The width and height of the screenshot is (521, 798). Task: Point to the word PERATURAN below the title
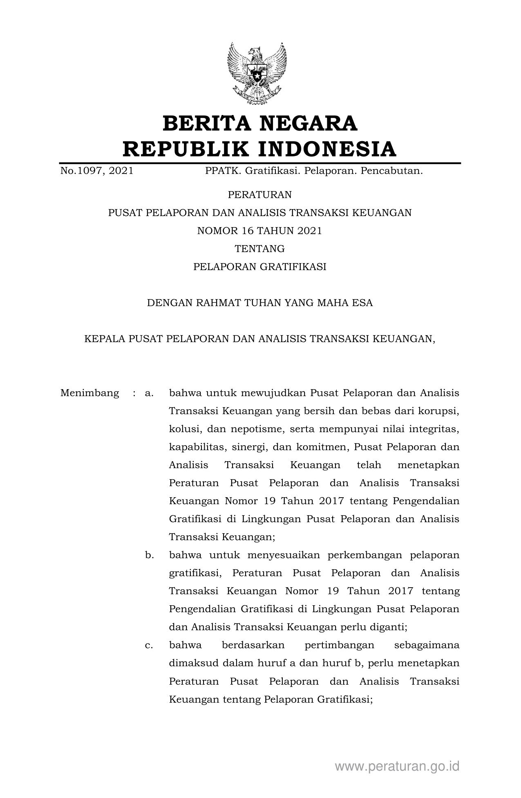[x=260, y=195]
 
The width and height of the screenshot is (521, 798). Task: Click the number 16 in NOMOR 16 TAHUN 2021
[x=248, y=231]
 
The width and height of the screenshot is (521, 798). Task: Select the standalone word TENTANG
[x=260, y=249]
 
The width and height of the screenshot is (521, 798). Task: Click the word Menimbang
[x=89, y=393]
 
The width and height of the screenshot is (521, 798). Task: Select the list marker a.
[x=149, y=393]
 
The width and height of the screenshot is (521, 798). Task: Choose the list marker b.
[x=149, y=555]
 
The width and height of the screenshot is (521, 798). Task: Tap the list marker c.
[x=149, y=645]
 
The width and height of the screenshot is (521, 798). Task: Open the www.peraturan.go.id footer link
[x=397, y=766]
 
